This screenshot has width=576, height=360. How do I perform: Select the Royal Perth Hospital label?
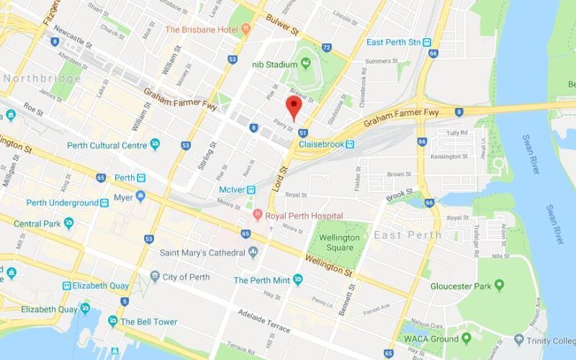(x=304, y=215)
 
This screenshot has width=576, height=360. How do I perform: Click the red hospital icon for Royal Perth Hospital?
(x=257, y=215)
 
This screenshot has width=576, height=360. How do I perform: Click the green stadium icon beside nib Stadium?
(x=306, y=64)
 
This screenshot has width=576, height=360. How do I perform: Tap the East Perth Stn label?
(x=393, y=42)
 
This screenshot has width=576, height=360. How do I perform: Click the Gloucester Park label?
(x=461, y=286)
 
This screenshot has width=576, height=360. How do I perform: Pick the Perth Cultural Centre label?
(x=108, y=145)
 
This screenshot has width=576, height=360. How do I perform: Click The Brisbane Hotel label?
(x=202, y=29)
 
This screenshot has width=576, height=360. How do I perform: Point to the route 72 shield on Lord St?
(x=326, y=48)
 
